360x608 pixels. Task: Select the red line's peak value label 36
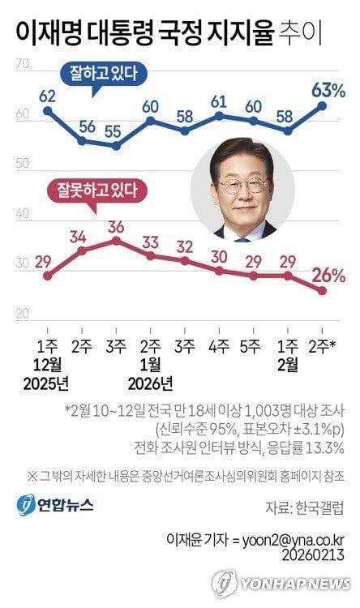(116, 225)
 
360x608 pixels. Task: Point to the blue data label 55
(116, 131)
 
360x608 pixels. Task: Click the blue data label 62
(47, 96)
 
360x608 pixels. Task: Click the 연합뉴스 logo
(54, 504)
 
